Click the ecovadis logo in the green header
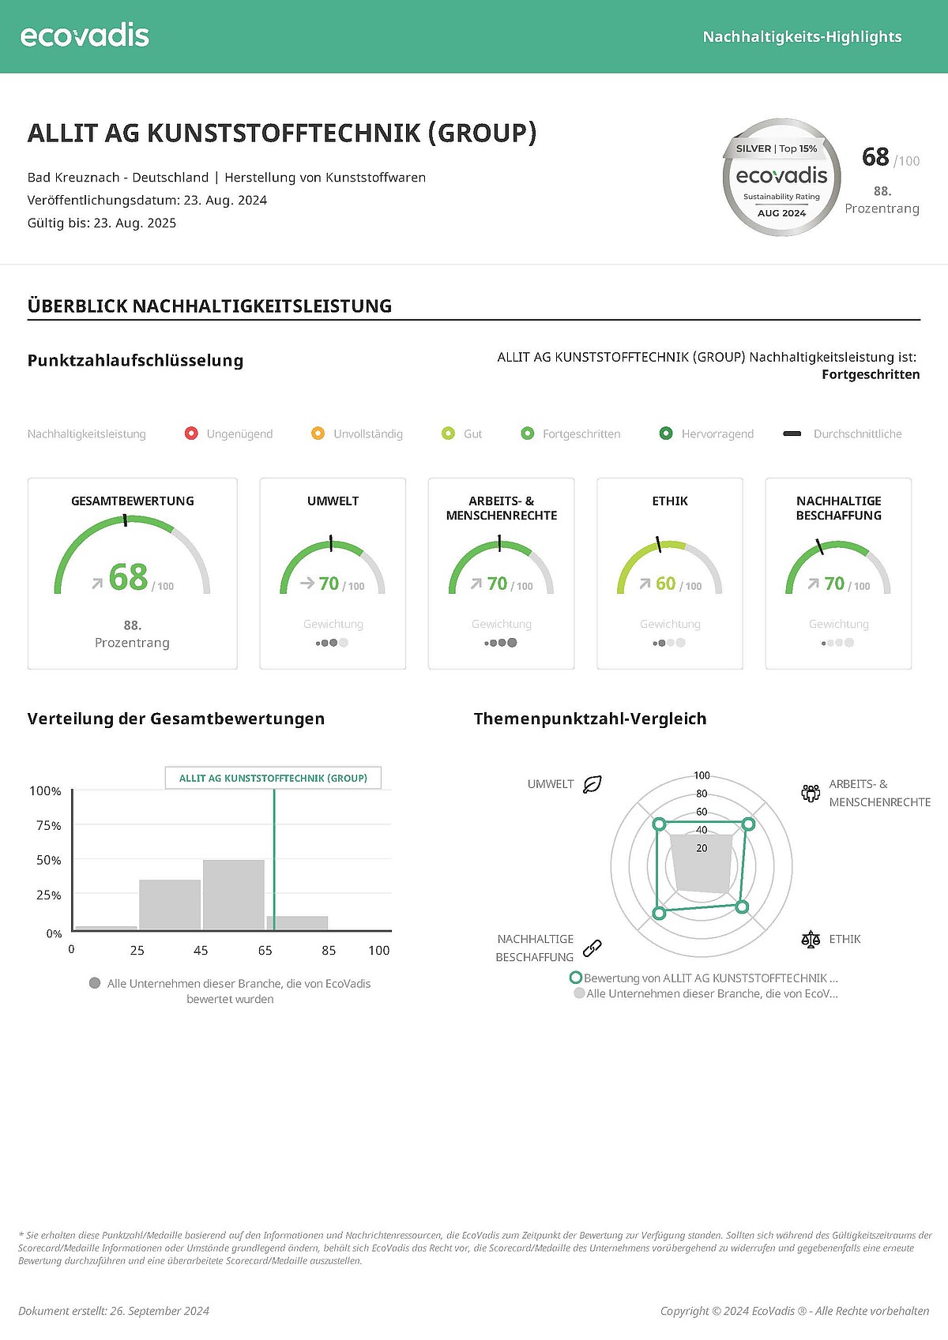(85, 36)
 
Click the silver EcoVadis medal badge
(781, 178)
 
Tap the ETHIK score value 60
(666, 584)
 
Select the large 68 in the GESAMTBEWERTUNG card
(128, 577)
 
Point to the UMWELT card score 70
(329, 584)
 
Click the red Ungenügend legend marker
(191, 434)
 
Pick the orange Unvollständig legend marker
(318, 434)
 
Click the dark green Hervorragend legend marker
(666, 434)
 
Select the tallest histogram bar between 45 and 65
(234, 894)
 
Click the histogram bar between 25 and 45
(170, 904)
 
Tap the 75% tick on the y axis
(48, 825)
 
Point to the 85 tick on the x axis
(329, 950)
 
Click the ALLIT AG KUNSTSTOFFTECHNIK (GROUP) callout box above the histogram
(273, 778)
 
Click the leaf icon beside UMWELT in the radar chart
(592, 784)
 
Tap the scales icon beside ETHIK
(811, 939)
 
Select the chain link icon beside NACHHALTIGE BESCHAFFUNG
(592, 948)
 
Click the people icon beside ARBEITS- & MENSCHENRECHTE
(811, 793)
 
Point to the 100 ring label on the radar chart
(702, 775)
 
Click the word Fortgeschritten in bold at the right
(871, 374)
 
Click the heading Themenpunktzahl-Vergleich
(590, 719)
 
